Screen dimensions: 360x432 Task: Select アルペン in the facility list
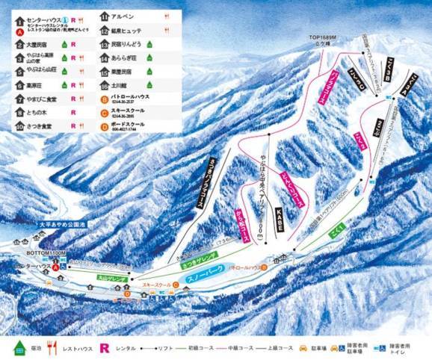[x=123, y=16]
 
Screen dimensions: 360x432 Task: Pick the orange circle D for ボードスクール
[x=103, y=124]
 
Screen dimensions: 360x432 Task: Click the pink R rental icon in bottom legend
[x=105, y=347]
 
